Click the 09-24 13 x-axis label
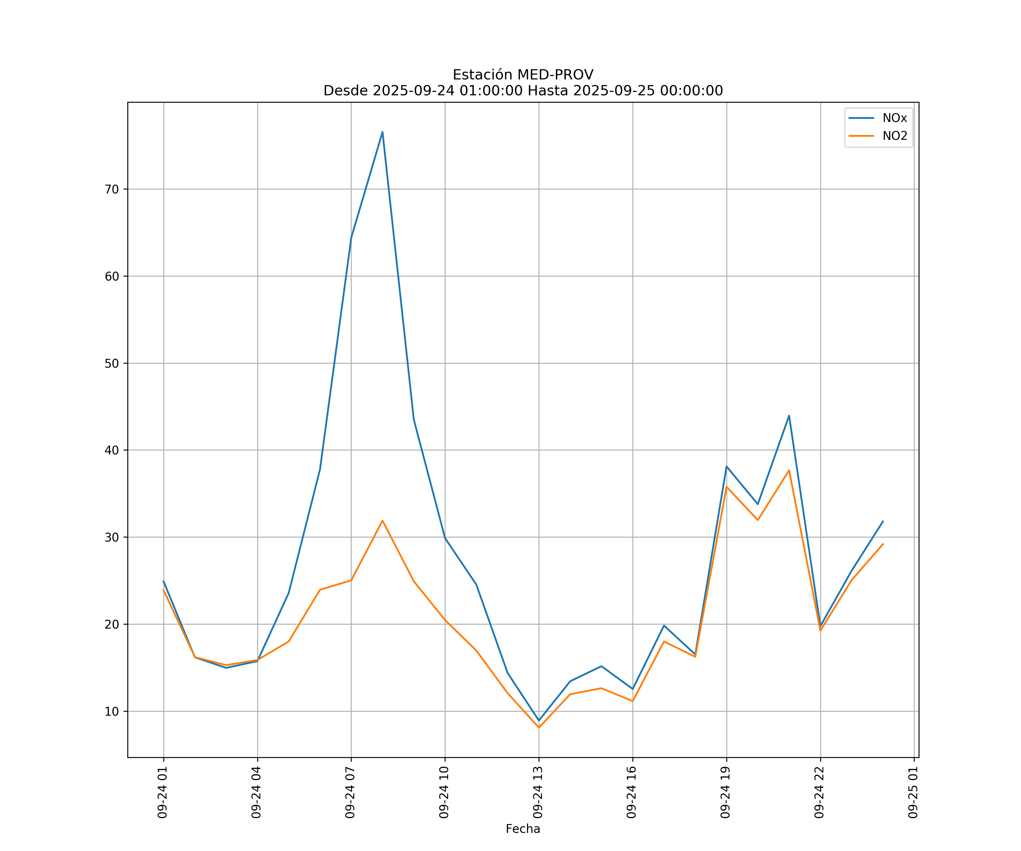click(x=538, y=792)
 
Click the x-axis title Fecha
click(x=523, y=829)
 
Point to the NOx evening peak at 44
click(x=789, y=415)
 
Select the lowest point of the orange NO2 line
click(x=539, y=728)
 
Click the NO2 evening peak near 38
click(x=789, y=470)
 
